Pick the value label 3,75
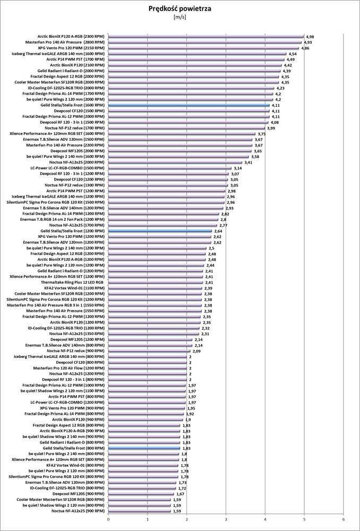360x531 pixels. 261,134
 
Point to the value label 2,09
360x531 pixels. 196,351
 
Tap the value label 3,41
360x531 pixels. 248,162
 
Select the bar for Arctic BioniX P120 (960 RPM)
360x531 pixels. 145,419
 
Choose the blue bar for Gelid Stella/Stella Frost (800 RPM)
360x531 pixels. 144,448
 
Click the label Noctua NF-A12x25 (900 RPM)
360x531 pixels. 78,511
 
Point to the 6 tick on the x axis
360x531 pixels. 344,519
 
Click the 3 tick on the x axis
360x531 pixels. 226,519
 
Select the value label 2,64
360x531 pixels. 218,232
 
